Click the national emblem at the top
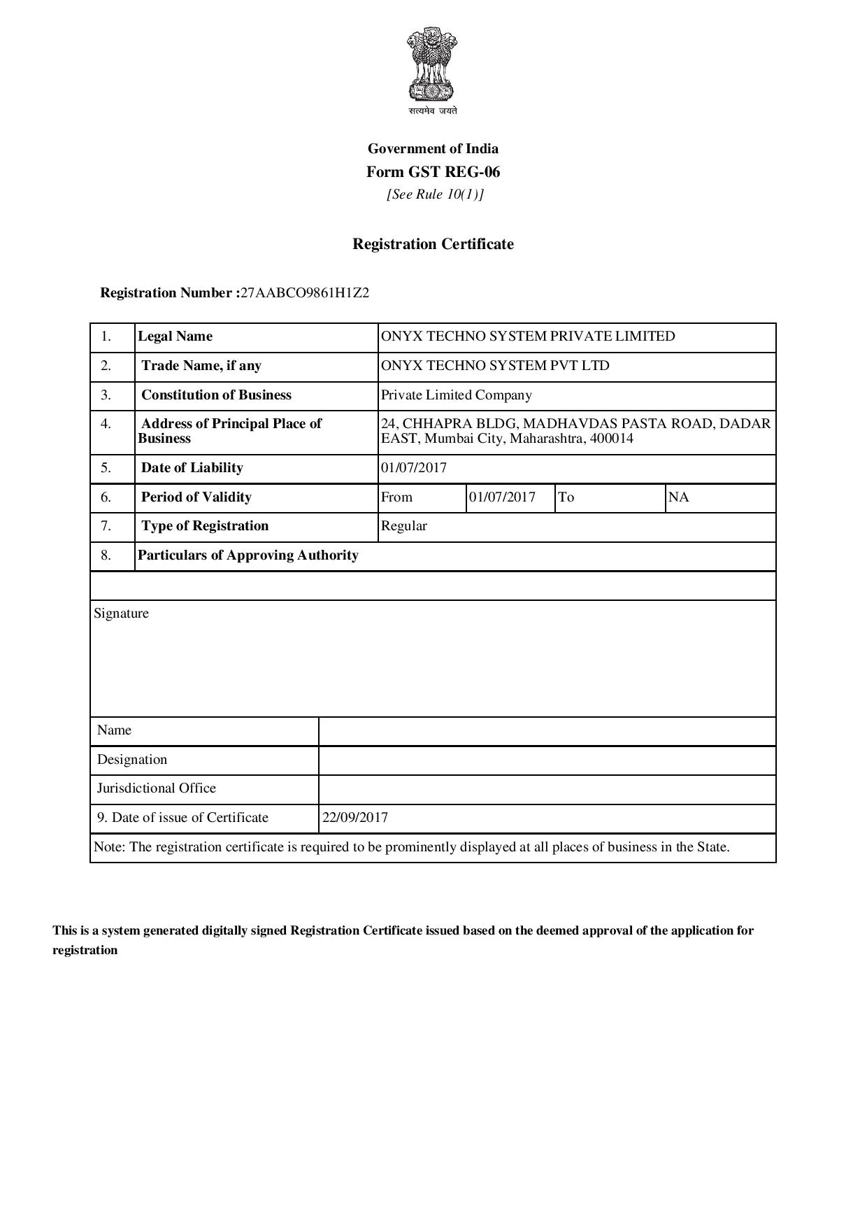point(432,64)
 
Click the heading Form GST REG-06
point(433,172)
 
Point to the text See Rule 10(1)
point(435,194)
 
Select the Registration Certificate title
point(433,244)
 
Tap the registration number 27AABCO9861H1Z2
point(304,293)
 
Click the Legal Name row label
point(175,336)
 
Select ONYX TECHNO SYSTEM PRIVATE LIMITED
point(528,336)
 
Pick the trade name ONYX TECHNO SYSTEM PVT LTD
point(495,366)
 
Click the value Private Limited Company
point(456,395)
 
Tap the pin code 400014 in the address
point(611,439)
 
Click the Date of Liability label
point(192,468)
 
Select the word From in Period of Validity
point(396,497)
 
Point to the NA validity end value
point(678,497)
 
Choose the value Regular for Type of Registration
point(403,526)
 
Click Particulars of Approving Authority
point(248,555)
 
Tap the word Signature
point(121,613)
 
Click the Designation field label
point(132,760)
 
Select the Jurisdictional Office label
point(157,788)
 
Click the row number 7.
point(106,526)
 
